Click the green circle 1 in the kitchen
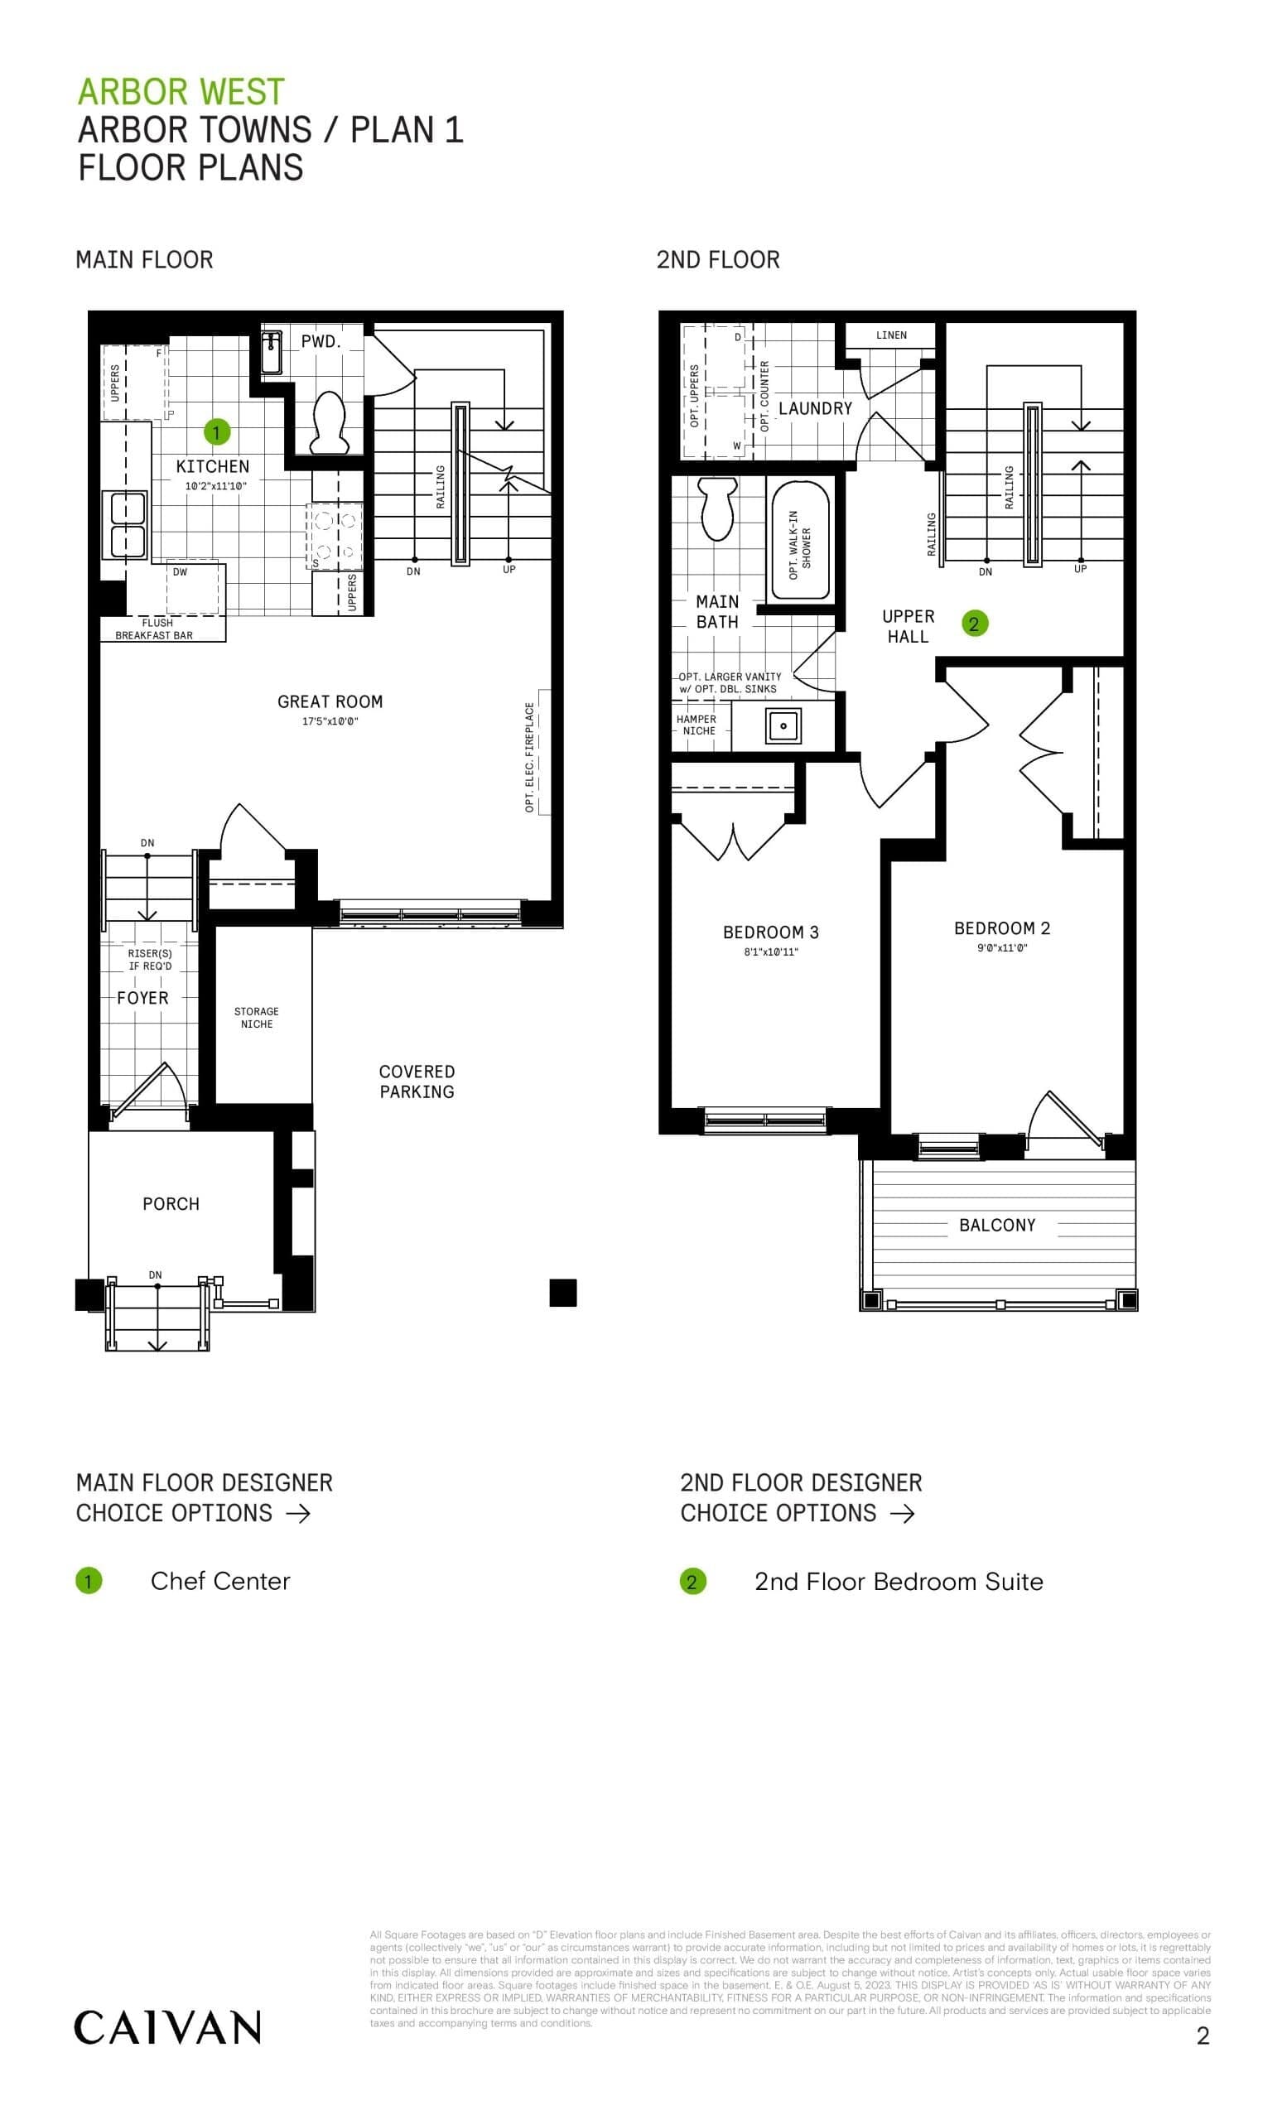coord(216,431)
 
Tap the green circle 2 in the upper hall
coord(974,624)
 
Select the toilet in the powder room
coord(328,422)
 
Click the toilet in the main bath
coord(717,508)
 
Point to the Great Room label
coord(330,701)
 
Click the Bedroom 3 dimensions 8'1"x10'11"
coord(771,952)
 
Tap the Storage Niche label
coord(257,1017)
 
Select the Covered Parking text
coord(417,1081)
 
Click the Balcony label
coord(997,1224)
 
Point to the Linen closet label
coord(891,335)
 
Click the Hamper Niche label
coord(697,725)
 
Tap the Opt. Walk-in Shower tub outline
coord(800,542)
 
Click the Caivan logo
coord(167,2028)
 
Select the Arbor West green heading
coord(181,91)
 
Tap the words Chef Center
coord(220,1581)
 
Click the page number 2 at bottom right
coord(1203,2035)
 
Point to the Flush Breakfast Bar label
coord(155,629)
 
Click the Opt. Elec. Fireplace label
coord(530,756)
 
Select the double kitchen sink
coord(125,525)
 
